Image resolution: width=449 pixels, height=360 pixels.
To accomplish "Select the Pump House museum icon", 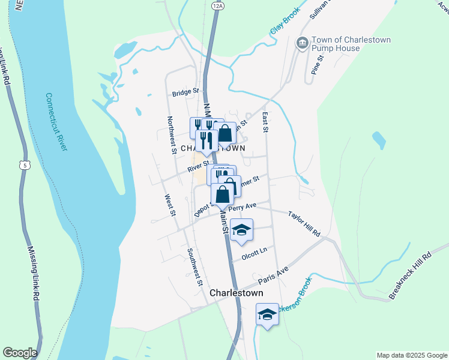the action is pos(302,43).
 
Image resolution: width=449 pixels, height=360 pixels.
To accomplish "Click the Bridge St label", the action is pos(185,93).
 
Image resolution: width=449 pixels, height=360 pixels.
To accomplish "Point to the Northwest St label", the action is pos(172,135).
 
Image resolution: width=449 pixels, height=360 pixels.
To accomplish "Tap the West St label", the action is pos(170,205).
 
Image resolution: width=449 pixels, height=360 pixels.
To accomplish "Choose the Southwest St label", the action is pos(194,267).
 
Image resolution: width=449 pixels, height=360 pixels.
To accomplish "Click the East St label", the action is pos(264,122).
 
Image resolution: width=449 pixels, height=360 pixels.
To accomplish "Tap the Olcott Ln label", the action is pos(253,256).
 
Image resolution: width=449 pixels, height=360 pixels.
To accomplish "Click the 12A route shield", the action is pos(217,5).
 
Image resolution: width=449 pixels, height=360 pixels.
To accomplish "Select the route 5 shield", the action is pos(24,164).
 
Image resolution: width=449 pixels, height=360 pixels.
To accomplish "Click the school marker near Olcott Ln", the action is pos(241,230).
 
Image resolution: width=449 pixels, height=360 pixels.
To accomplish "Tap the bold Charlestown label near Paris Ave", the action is pos(237,293).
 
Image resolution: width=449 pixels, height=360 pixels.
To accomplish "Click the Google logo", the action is pos(19,353).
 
